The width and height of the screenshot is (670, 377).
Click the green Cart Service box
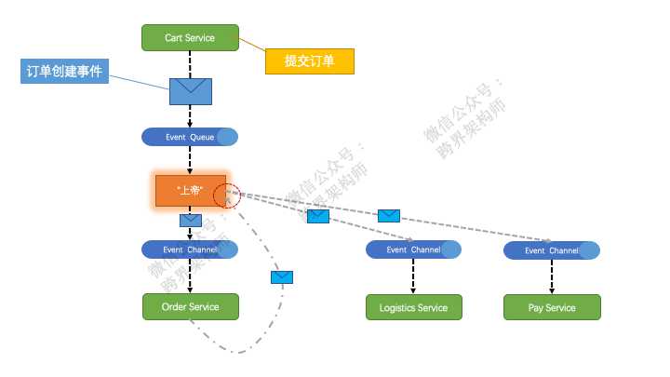click(190, 38)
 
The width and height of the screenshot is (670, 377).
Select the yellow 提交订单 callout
click(309, 61)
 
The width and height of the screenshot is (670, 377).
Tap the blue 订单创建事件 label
click(64, 72)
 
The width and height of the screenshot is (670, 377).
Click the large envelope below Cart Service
click(191, 91)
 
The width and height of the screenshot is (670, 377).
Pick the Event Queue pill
click(190, 137)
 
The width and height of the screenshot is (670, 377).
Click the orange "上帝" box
click(191, 190)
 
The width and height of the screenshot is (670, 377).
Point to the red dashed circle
click(226, 195)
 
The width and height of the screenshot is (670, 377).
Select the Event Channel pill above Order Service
click(190, 249)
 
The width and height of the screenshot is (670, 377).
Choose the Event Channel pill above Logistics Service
click(413, 249)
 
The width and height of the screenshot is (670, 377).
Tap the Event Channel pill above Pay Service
click(552, 250)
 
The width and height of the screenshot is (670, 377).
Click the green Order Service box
click(191, 306)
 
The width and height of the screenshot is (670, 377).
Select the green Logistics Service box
click(413, 307)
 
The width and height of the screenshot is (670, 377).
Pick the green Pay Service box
click(552, 307)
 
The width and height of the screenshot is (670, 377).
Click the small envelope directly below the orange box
click(191, 221)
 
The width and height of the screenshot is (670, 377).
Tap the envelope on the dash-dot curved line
click(282, 276)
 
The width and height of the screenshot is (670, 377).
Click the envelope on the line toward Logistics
click(318, 216)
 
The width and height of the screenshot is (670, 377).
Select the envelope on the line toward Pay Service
click(389, 216)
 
